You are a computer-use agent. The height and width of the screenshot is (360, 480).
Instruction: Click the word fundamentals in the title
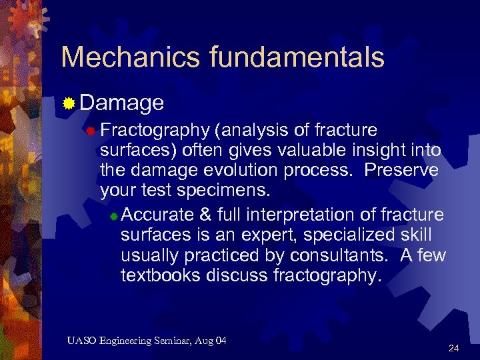297,58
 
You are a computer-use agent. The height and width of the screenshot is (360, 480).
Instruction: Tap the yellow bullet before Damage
68,103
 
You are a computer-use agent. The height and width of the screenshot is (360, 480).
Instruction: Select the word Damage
122,103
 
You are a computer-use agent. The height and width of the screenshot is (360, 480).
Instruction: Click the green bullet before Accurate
114,216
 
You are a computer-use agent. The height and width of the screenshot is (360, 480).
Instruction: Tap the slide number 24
453,348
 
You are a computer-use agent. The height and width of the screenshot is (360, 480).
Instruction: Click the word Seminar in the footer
171,341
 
